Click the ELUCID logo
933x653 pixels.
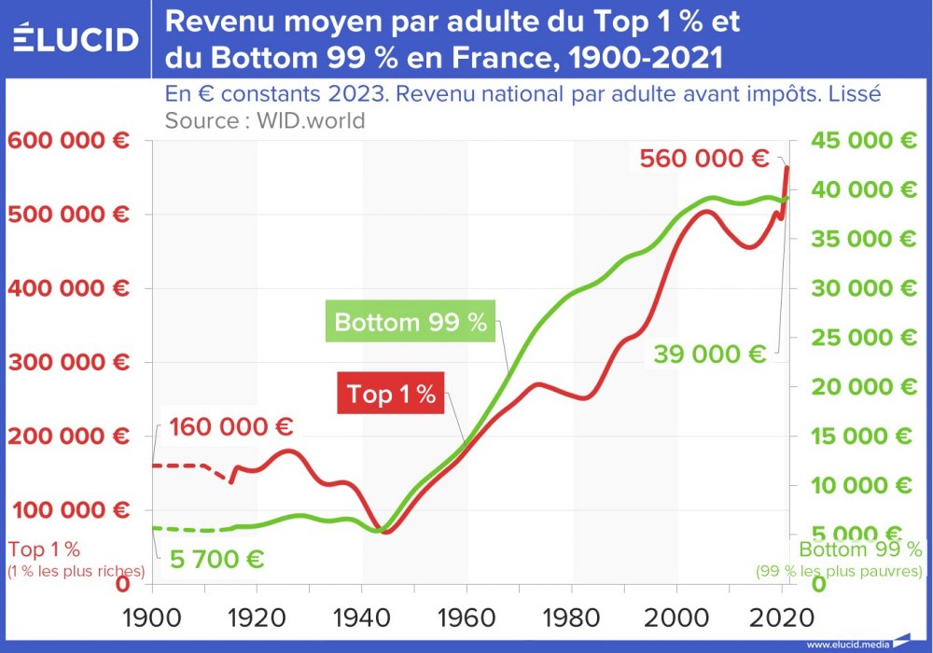coord(76,39)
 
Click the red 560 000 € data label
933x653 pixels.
coord(704,159)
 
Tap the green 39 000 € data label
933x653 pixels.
coord(710,354)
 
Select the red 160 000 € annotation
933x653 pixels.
coord(231,427)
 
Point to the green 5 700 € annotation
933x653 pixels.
coord(216,560)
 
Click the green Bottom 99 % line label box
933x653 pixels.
coord(411,323)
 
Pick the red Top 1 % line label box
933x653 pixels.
coord(391,395)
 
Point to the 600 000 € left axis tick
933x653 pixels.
coord(69,141)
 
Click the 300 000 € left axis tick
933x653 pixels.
coord(69,362)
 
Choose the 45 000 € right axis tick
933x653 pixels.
coord(863,141)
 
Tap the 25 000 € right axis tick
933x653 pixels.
coord(863,338)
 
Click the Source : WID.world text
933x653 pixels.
coord(264,120)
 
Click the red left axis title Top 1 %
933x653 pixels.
coord(44,549)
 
